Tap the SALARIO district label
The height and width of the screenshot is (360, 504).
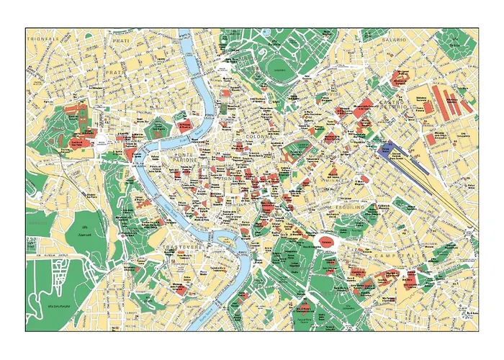point(395,39)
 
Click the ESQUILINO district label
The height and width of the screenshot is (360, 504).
point(344,207)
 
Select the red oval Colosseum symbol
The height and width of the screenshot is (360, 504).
point(325,243)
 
